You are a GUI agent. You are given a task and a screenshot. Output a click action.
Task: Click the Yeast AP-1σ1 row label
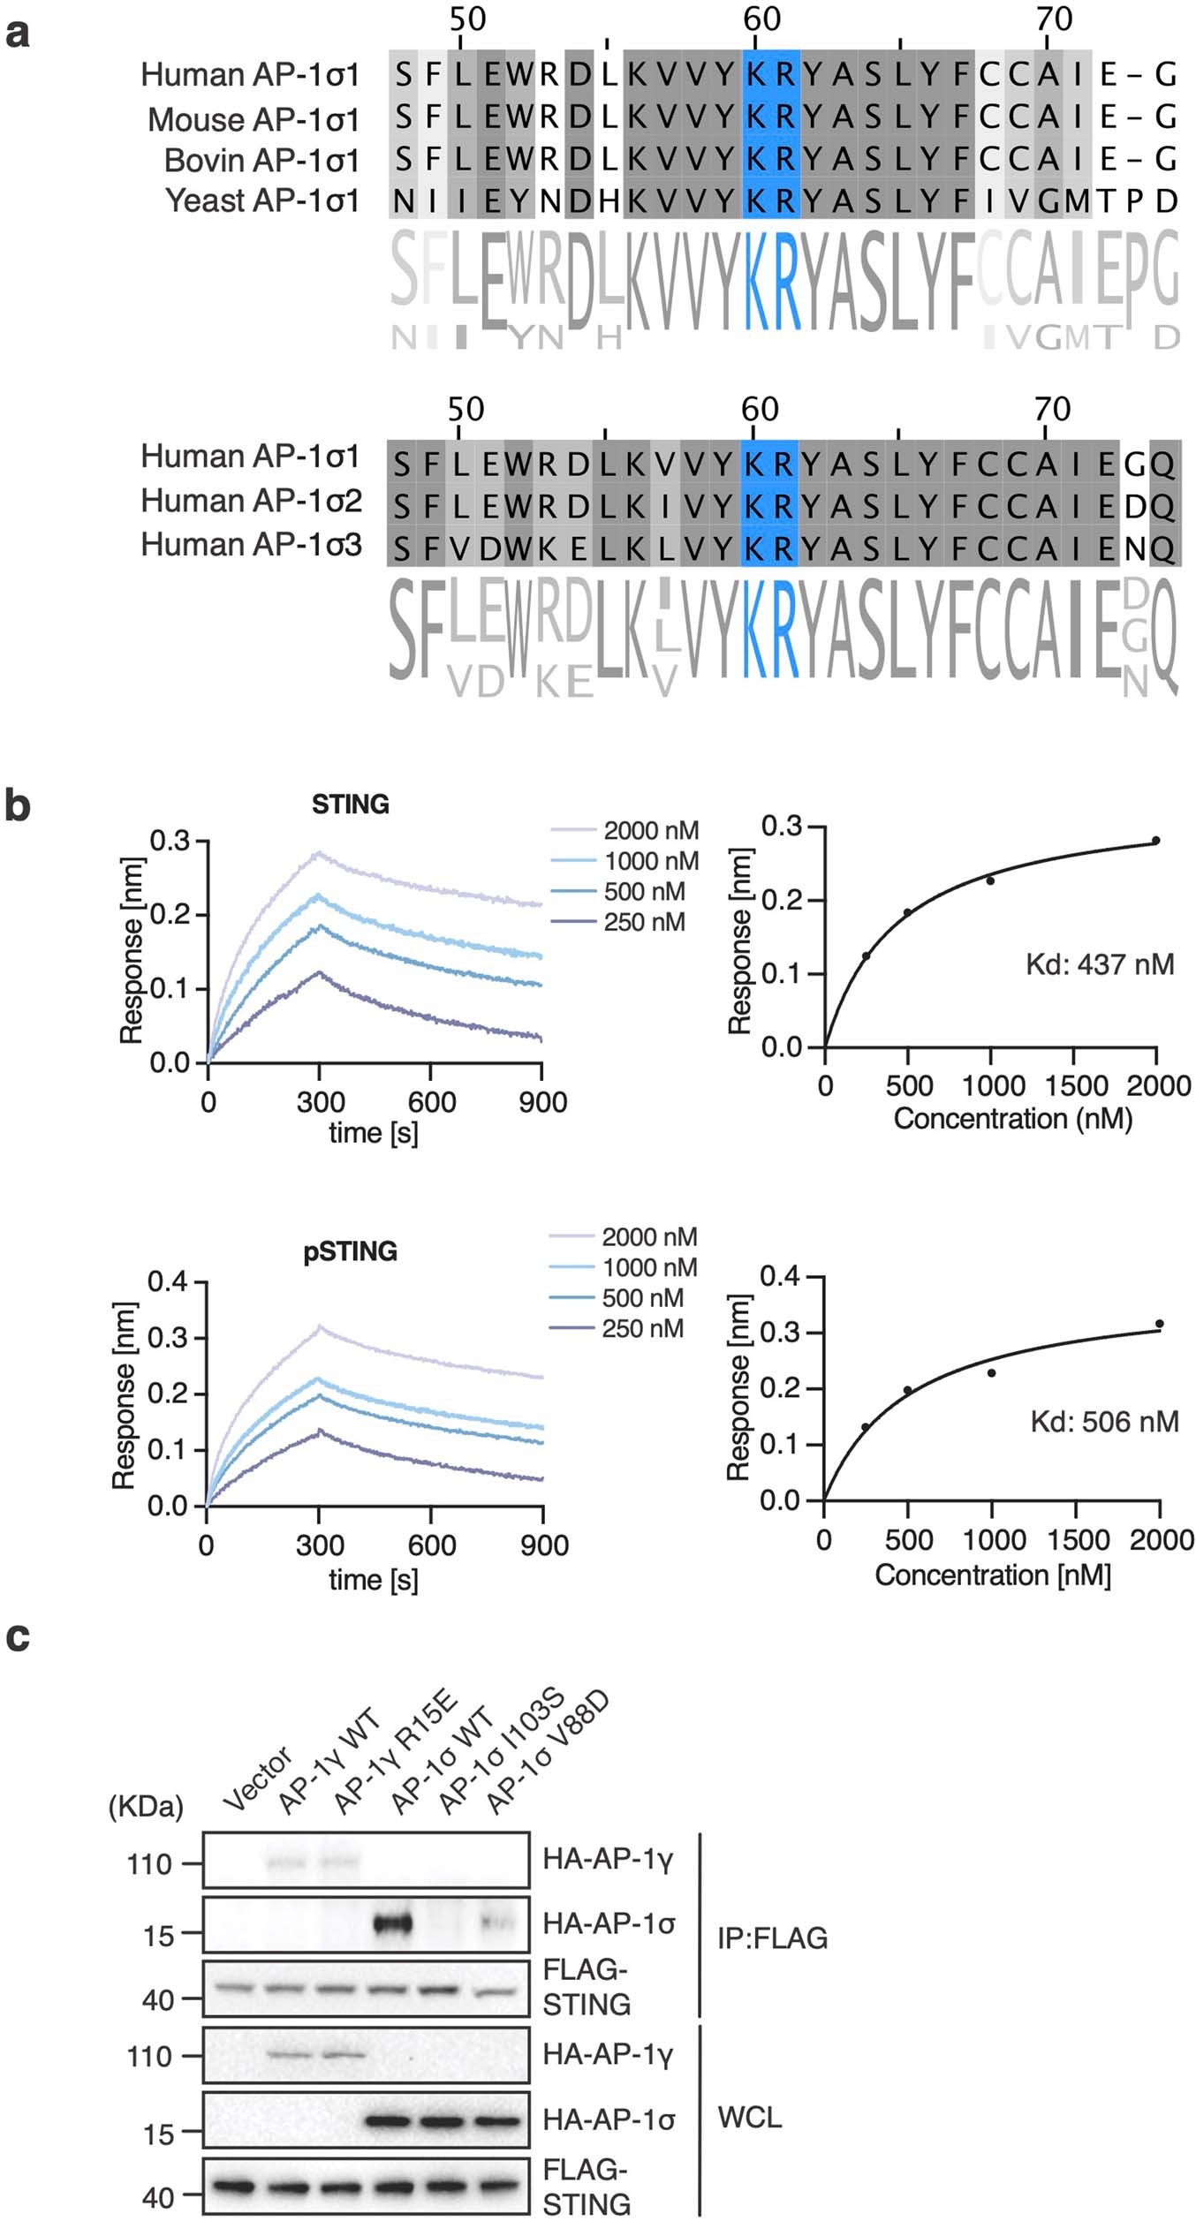(262, 201)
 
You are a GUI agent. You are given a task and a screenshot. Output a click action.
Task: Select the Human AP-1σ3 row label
(252, 545)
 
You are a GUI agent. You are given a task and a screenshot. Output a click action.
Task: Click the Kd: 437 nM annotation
(1100, 963)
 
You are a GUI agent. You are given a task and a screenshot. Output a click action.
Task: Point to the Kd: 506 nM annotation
(1104, 1421)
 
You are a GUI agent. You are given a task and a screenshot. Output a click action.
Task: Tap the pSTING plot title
(350, 1251)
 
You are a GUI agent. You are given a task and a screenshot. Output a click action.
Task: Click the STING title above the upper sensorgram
(350, 805)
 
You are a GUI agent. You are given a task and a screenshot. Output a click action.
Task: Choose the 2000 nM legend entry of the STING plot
(625, 830)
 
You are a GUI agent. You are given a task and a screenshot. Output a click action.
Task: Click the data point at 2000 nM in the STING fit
(1156, 841)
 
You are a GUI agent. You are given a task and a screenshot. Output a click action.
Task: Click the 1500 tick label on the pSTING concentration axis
(1077, 1540)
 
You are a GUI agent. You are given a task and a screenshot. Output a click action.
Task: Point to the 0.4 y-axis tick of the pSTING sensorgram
(168, 1281)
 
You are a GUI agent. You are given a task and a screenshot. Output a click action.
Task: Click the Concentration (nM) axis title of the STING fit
(1012, 1119)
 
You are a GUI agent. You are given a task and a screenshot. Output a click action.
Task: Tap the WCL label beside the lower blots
(750, 2117)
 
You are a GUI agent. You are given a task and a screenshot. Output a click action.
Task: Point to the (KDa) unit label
(146, 1806)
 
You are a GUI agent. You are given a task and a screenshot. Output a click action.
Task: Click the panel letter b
(17, 806)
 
